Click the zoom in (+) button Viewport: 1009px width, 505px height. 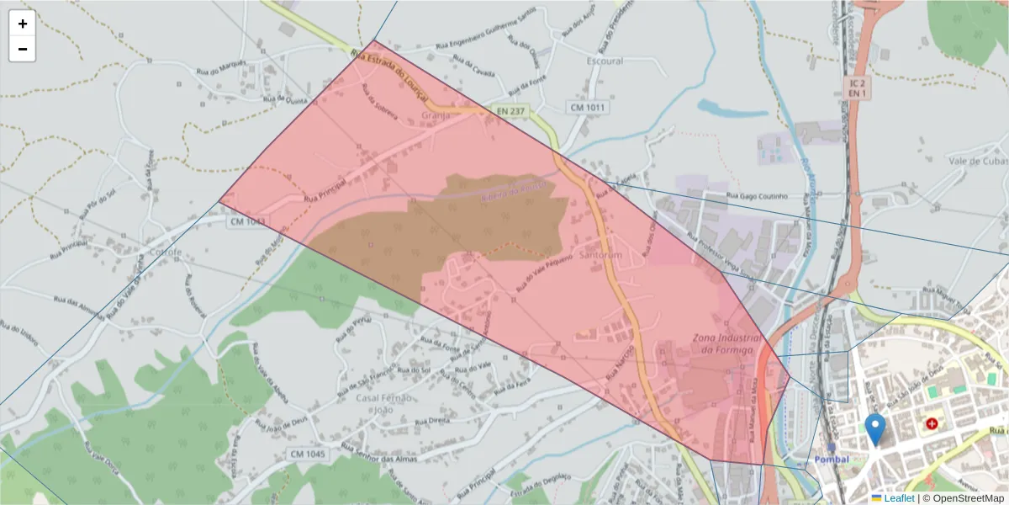click(23, 24)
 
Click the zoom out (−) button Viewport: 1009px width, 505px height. click(23, 49)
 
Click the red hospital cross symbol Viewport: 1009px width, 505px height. click(932, 423)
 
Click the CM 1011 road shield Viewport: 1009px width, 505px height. click(589, 108)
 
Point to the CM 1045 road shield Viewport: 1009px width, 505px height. click(307, 454)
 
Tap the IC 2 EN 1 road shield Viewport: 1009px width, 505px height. click(855, 88)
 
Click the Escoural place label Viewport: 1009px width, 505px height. click(605, 61)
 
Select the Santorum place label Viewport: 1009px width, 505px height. click(600, 255)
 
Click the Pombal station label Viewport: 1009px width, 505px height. click(832, 460)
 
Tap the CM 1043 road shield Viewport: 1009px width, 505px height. click(248, 221)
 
